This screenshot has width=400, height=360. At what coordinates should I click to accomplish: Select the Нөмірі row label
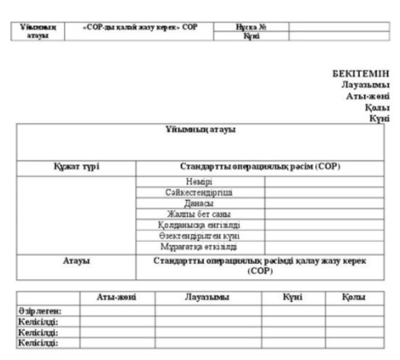tap(200, 182)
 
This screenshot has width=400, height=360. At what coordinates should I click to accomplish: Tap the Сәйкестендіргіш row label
tap(200, 193)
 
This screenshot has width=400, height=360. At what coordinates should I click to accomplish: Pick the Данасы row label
tap(200, 203)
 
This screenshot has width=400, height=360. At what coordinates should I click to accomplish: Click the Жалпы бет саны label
tap(200, 214)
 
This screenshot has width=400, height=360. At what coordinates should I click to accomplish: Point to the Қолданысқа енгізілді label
tap(200, 225)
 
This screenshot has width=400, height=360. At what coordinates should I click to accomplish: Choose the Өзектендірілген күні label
tap(200, 235)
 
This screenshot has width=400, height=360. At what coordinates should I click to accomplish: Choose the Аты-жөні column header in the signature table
tap(116, 297)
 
